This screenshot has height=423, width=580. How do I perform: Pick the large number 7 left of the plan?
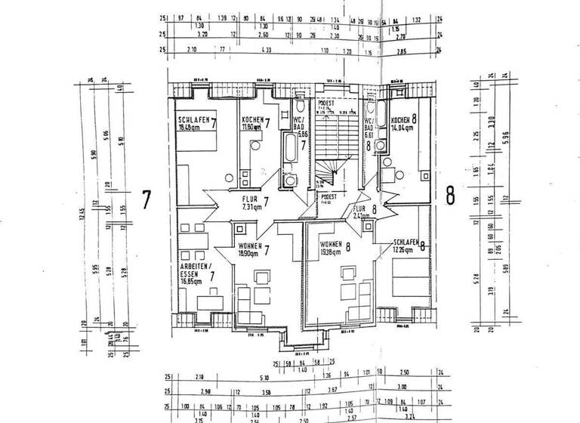point(147,200)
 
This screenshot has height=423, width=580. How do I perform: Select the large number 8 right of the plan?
point(450,196)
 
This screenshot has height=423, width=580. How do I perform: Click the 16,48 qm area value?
point(190,128)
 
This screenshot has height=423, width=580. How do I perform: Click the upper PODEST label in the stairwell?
point(324,103)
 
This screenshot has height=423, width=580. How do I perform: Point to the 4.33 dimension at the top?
point(265,49)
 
